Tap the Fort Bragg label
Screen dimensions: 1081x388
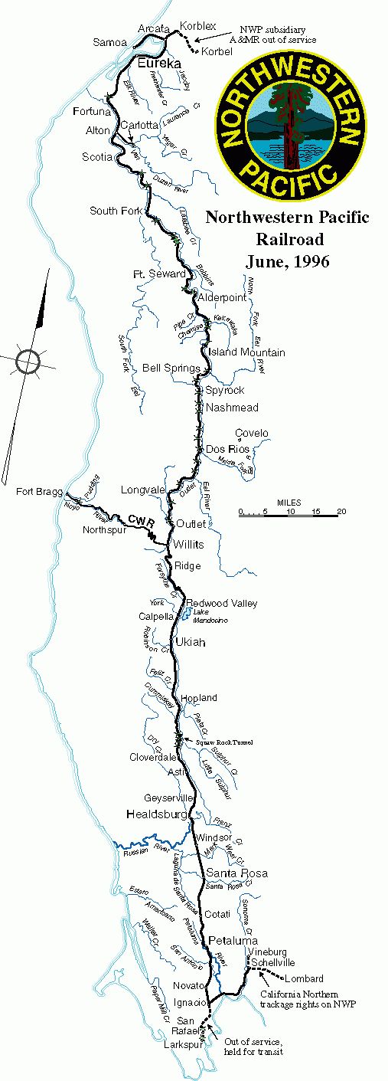[35, 490]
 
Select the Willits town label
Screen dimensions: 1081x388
[188, 545]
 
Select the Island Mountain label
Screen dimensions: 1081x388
[247, 352]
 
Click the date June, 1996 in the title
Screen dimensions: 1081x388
[287, 261]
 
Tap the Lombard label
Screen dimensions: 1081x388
[304, 978]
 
